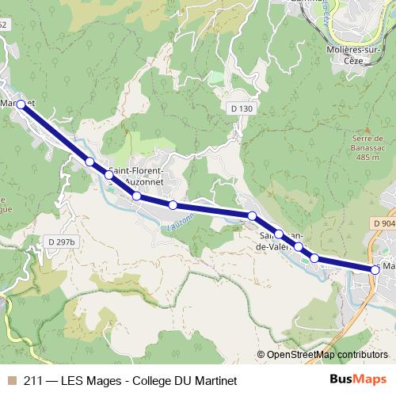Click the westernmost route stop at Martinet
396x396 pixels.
click(21, 104)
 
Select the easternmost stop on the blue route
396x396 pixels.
click(375, 270)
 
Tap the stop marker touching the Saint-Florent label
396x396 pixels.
click(109, 174)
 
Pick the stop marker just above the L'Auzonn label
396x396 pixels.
click(173, 206)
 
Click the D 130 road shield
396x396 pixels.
click(242, 108)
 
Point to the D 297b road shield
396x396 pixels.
click(60, 242)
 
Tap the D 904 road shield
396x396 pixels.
click(383, 224)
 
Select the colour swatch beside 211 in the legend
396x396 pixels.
click(11, 378)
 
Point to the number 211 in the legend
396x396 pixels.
click(33, 378)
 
